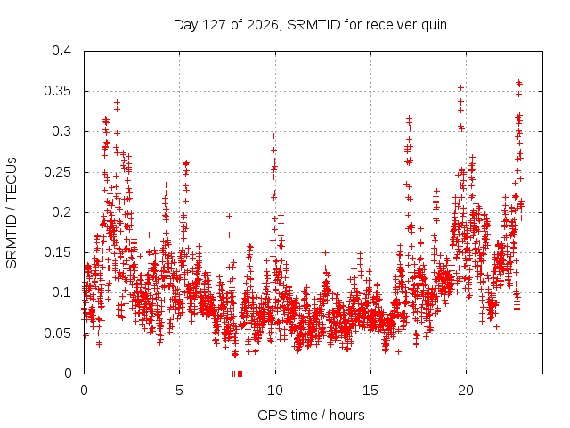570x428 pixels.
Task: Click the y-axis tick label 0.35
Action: (57, 91)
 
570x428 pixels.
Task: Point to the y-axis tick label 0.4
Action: (61, 51)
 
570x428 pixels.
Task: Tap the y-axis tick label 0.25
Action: (57, 172)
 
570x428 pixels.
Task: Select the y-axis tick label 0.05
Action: (57, 333)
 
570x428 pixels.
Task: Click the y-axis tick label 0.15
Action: (57, 252)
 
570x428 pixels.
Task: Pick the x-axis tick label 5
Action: (179, 391)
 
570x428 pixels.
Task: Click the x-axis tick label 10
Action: (275, 391)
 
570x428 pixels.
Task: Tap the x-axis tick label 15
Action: (370, 391)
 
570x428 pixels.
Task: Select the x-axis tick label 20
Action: (466, 391)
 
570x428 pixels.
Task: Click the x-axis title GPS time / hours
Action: (311, 416)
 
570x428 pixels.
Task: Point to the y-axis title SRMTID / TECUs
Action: (12, 213)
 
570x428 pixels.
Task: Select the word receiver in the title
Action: (391, 25)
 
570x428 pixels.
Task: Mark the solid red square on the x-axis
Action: (240, 374)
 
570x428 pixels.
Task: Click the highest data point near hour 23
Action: (518, 82)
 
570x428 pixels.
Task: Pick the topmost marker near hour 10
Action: (273, 136)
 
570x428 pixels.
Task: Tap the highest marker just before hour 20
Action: (460, 87)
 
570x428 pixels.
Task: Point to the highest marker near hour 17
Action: (410, 118)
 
